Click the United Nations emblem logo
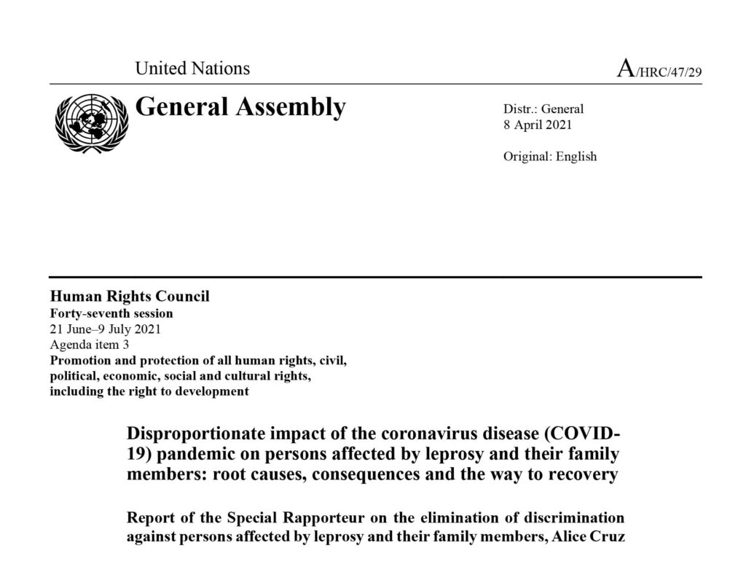click(88, 121)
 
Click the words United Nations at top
click(192, 69)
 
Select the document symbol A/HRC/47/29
click(659, 71)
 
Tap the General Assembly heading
click(240, 108)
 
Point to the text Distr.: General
click(543, 109)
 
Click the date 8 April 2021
click(538, 125)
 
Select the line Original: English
click(549, 156)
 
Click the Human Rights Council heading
click(129, 297)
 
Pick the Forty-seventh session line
click(111, 313)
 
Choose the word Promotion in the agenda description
click(79, 360)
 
